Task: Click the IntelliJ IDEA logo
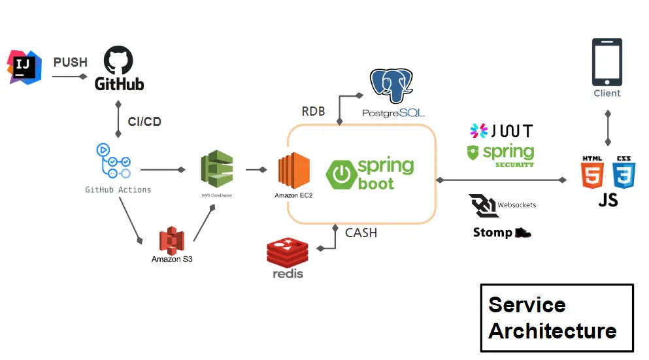click(24, 67)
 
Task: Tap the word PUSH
click(70, 62)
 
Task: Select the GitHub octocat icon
click(119, 61)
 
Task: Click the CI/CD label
click(144, 122)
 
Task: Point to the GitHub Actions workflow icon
click(114, 161)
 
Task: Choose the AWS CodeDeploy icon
click(216, 169)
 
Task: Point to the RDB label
click(313, 111)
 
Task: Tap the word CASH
click(361, 233)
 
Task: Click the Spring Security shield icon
click(474, 153)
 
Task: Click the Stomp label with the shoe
click(501, 233)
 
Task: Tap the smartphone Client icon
click(607, 62)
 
